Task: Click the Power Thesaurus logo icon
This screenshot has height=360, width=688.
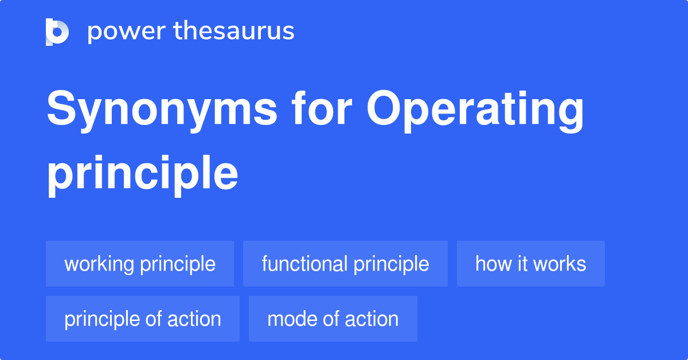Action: point(57,32)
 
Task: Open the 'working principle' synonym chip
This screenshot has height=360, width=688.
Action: point(140,264)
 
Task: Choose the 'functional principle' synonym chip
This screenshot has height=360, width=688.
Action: point(345,264)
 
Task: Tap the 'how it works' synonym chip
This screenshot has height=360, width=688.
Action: point(530,264)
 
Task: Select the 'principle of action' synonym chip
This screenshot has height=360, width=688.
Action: point(143,319)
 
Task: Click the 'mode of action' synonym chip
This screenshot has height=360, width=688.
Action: point(333,319)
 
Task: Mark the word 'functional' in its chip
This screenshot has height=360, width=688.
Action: point(304,264)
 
